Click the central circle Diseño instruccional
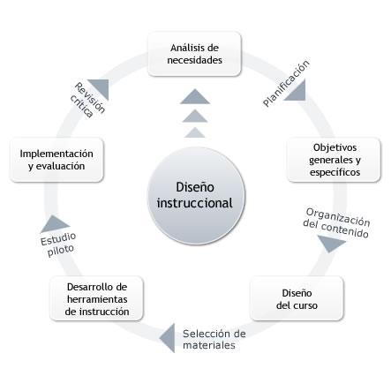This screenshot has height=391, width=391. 196,196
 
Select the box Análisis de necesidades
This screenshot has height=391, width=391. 194,54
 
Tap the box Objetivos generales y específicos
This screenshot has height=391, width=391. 334,160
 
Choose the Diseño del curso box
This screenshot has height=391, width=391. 297,298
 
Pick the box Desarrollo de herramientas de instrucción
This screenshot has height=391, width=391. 96,298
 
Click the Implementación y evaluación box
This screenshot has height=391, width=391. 56,160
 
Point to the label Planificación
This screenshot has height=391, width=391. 286,83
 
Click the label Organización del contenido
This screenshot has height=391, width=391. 336,222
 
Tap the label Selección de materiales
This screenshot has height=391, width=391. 214,339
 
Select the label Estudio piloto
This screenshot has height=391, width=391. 59,244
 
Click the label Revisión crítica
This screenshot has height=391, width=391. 87,100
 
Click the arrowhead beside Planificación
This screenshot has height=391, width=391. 297,92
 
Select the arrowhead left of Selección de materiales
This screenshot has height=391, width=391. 169,338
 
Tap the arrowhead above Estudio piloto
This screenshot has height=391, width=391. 55,223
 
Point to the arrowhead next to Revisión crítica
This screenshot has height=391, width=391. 101,87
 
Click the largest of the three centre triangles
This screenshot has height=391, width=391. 195,96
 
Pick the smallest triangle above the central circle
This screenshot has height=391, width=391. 195,132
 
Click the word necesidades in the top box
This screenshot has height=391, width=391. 194,60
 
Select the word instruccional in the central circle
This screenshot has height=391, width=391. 194,203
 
